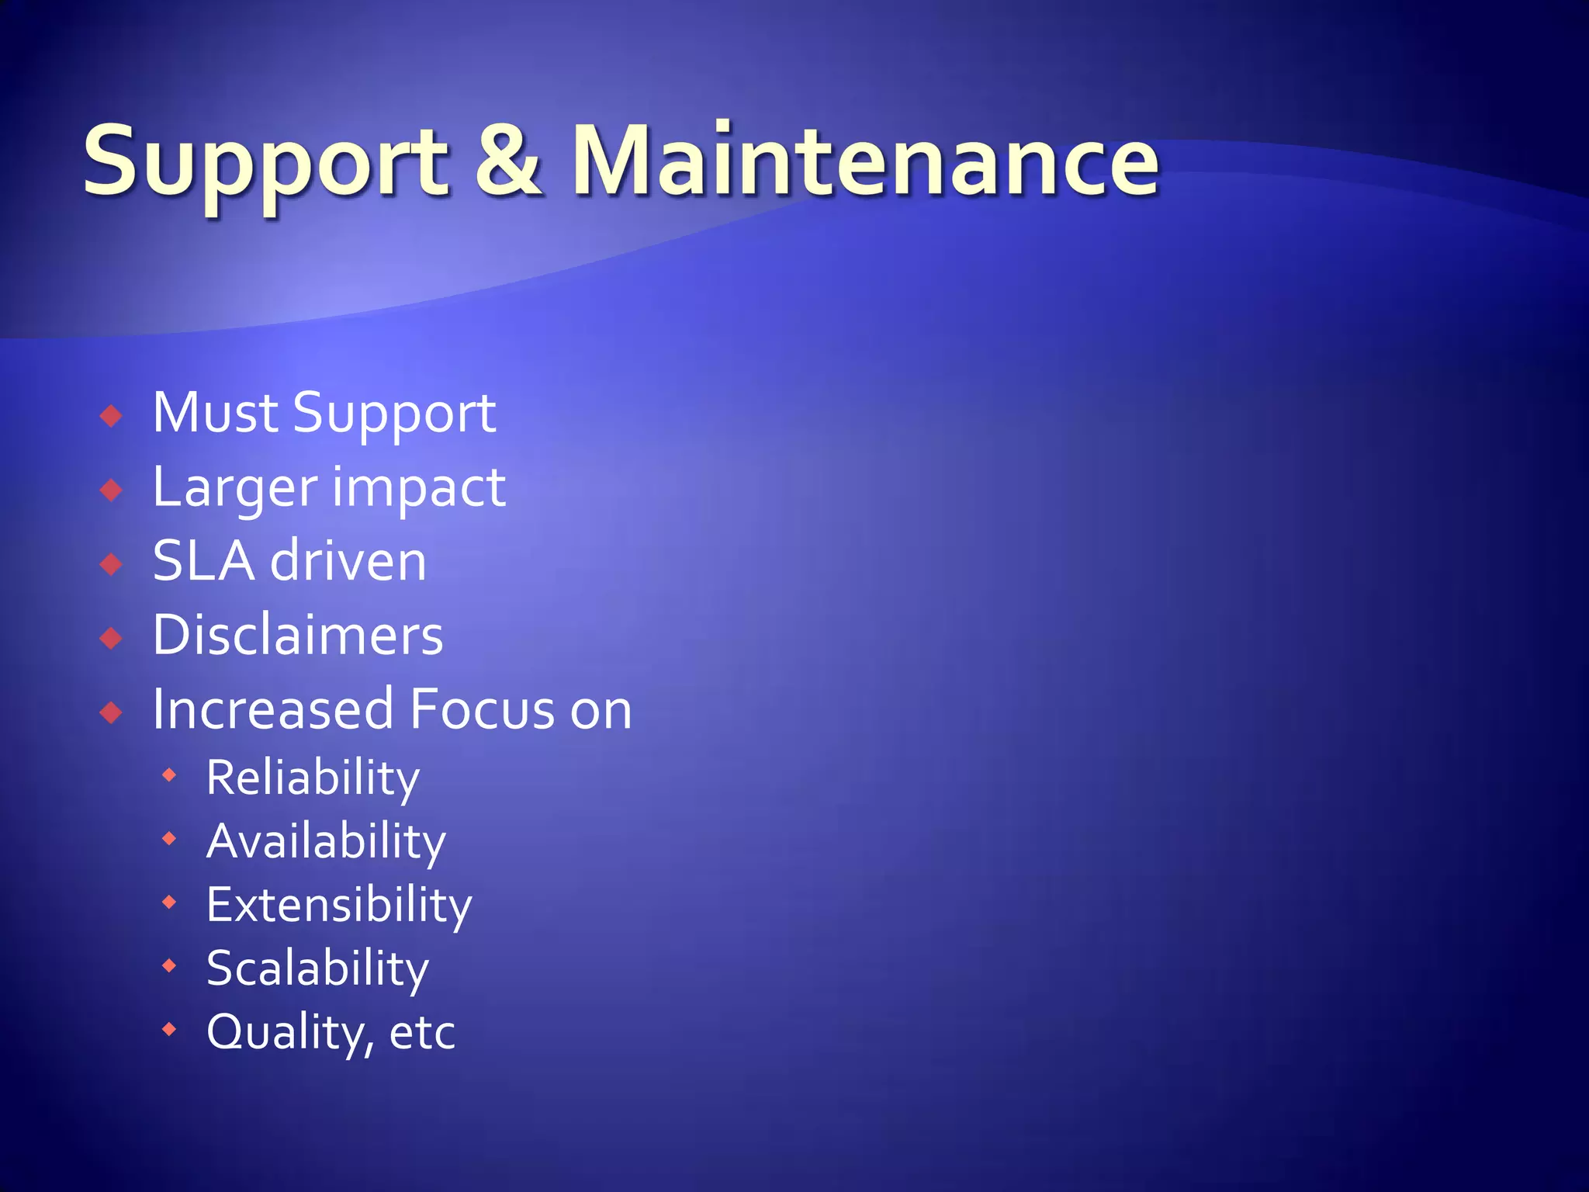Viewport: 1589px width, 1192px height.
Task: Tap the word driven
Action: [348, 560]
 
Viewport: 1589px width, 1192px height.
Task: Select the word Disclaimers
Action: [298, 635]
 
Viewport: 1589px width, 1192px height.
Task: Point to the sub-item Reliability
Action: [313, 778]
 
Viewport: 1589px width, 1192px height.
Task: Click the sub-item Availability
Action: [326, 841]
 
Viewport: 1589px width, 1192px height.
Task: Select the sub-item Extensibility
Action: [339, 905]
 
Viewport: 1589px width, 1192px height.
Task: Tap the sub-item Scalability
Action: [317, 968]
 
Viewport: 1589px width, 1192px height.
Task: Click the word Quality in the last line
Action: [286, 1032]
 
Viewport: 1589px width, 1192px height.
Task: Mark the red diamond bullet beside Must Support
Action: [112, 416]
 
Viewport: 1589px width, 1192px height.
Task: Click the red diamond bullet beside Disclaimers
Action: [112, 639]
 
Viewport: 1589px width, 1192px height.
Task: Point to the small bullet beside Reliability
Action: [169, 774]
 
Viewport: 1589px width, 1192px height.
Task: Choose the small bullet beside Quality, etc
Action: [169, 1029]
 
